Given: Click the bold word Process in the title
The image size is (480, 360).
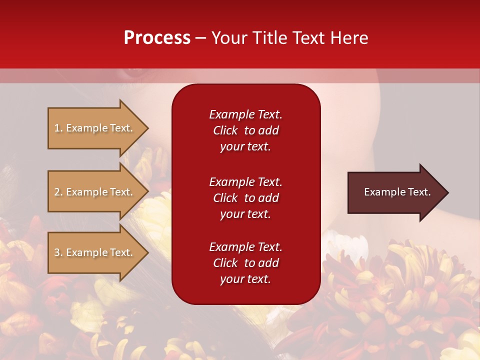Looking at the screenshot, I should pos(157,38).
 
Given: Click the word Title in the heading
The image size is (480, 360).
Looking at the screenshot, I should pos(268,38).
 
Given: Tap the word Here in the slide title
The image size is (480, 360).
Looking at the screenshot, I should pos(348,38).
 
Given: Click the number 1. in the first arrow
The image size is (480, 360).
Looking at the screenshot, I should pos(58,128).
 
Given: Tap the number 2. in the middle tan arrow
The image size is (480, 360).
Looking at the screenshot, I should pos(58,192).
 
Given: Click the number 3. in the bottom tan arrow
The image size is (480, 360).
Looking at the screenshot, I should pos(58,252).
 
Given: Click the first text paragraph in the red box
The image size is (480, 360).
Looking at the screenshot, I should pos(245,130).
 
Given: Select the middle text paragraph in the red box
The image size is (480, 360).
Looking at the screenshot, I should pos(245,198).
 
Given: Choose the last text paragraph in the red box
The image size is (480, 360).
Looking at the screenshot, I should pos(245,263).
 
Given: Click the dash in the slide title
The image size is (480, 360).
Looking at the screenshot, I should pos(200,38).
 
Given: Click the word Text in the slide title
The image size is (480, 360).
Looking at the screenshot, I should pos(309,38).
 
